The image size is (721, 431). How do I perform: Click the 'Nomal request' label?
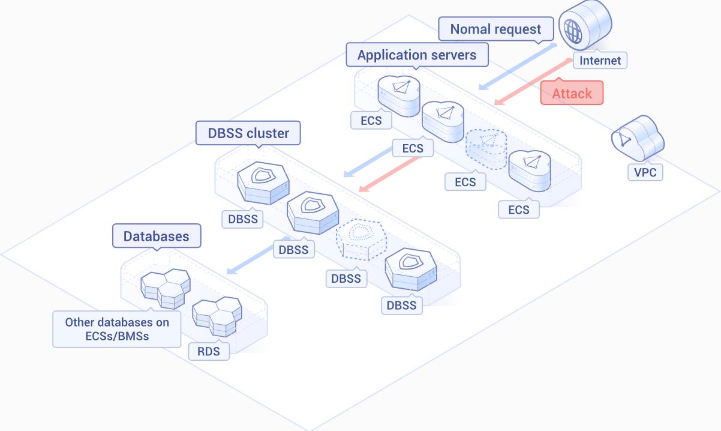495,29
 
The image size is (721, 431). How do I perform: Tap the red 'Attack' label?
572,93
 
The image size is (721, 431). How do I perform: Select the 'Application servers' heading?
417,55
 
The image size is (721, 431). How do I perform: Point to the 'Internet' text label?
600,60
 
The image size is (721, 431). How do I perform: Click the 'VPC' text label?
645,173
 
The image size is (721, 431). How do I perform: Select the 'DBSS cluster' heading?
248,133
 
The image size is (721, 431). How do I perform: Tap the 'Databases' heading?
156,236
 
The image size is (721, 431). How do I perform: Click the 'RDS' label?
209,351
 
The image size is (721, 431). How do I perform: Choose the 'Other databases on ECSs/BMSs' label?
117,329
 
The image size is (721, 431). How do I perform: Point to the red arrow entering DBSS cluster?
395,169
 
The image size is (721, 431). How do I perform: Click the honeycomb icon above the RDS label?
217,316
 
